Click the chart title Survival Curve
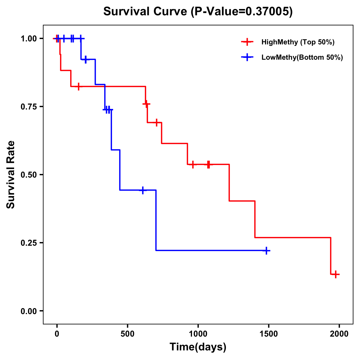tap(198, 12)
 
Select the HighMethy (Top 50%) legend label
tap(298, 42)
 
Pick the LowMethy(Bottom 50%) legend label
tap(302, 57)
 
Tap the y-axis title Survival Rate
tap(11, 175)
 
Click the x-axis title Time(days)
tap(198, 347)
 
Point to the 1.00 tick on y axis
tap(28, 39)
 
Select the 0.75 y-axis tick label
tap(28, 107)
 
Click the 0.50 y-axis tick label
tap(28, 175)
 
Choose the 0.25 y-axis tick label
tap(28, 243)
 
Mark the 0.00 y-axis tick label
tap(28, 311)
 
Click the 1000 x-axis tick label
tap(198, 334)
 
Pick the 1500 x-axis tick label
tap(269, 334)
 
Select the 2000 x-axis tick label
tap(339, 334)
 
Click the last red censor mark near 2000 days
tap(336, 274)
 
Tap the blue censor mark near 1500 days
tap(266, 250)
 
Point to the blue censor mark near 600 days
tap(143, 190)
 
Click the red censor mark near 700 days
tap(156, 122)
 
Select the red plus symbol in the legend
tap(247, 42)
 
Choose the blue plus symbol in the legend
tap(247, 57)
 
